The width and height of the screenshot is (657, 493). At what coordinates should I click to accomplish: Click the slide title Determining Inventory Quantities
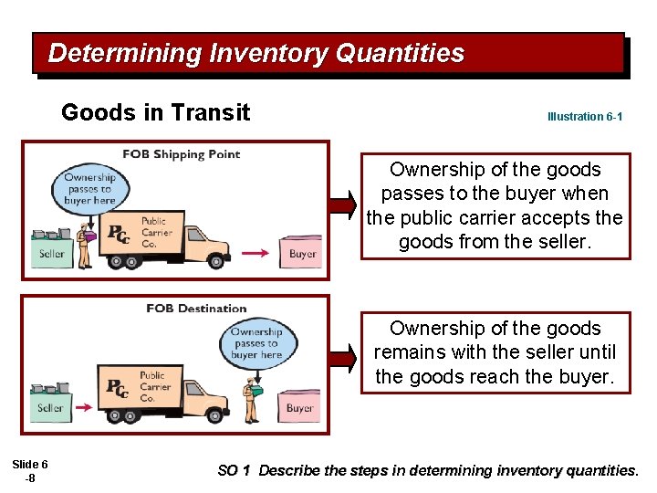[x=255, y=53]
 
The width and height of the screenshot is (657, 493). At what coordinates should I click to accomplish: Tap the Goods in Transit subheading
[x=155, y=112]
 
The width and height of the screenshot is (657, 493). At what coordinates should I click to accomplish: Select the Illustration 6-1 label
[x=585, y=117]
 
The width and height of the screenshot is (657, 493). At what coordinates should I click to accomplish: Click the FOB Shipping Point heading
[x=182, y=154]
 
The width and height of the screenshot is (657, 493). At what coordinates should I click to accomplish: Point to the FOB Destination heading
[x=196, y=309]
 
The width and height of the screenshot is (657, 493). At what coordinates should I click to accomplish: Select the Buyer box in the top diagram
[x=302, y=253]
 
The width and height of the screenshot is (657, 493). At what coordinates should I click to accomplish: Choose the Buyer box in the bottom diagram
[x=299, y=407]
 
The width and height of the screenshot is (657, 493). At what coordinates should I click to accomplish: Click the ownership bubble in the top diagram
[x=90, y=189]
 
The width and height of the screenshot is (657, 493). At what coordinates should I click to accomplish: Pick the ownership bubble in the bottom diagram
[x=256, y=343]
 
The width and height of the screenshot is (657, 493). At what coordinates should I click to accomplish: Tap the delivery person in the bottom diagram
[x=251, y=399]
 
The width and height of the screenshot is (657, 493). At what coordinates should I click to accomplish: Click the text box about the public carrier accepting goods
[x=495, y=205]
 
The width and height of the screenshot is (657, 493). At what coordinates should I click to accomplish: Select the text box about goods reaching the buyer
[x=495, y=352]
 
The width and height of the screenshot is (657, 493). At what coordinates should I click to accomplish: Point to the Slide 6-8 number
[x=30, y=471]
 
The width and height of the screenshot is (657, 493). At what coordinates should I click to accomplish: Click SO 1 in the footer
[x=233, y=471]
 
